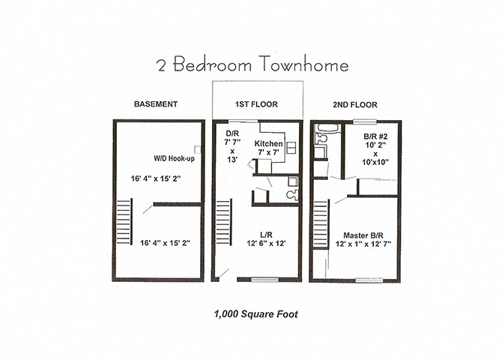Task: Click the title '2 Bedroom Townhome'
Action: point(252,65)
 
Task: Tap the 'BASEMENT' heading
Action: point(155,104)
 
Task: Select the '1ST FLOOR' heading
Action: point(257,104)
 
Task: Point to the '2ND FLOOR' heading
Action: point(354,104)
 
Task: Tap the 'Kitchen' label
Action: point(269,142)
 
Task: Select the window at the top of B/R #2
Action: point(365,121)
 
